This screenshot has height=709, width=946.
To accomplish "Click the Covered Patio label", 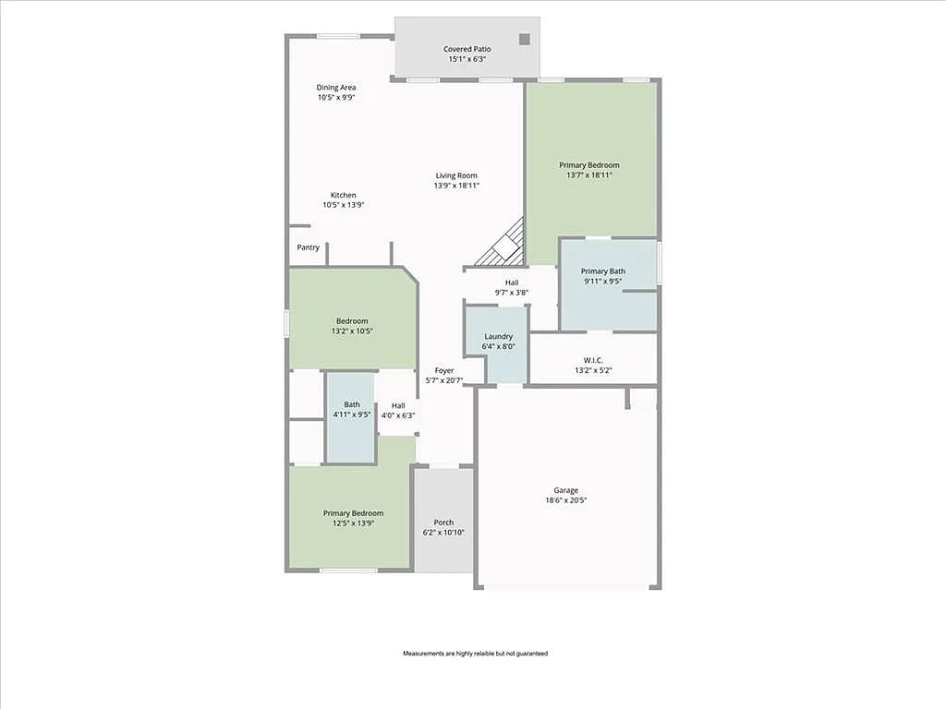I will pos(467,49).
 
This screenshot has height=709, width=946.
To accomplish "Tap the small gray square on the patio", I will pos(524,40).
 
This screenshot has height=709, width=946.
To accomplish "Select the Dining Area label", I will pos(336,88).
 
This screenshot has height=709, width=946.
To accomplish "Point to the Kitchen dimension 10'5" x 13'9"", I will pos(344,205).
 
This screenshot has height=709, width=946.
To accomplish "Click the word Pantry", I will pos(308,247).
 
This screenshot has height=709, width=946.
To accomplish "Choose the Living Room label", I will pos(456,175).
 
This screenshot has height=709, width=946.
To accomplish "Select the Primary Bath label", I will pos(602,271).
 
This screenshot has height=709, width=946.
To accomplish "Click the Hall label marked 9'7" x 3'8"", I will pos(511,282).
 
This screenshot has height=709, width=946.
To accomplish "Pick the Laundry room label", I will pos(498,337).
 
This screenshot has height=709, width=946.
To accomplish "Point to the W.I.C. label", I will pos(592,360).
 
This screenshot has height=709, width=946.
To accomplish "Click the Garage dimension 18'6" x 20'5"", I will pos(566,500).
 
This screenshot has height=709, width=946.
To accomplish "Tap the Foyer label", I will pos(444,370).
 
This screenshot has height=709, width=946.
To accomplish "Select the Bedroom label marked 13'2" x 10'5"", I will pos(351,321).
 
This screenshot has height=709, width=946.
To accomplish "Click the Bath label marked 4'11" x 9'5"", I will pos(352,404).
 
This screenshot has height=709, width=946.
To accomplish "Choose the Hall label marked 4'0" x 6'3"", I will pos(398,405).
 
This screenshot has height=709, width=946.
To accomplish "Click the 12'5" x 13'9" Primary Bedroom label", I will pos(353,513).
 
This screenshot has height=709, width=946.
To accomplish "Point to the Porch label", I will pos(443,523).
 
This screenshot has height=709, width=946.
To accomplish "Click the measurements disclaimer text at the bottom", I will pos(475,654).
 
